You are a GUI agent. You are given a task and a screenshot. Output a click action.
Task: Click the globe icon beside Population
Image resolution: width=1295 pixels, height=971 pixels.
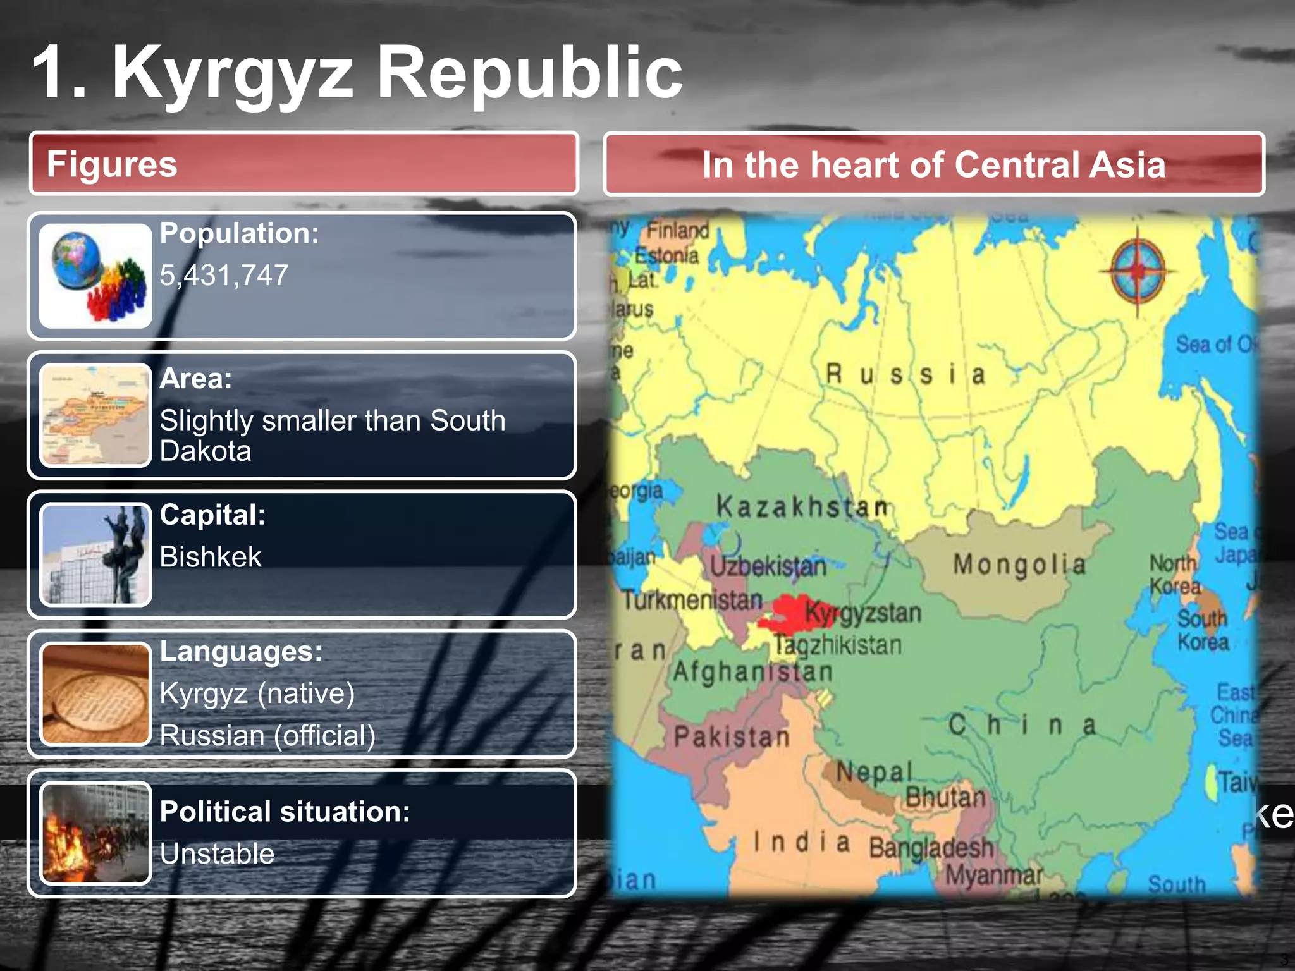[95, 276]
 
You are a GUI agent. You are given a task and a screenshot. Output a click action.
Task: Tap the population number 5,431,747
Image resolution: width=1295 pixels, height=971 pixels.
[224, 276]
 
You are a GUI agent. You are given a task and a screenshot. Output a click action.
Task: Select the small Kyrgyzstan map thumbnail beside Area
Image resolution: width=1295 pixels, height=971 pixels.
[95, 415]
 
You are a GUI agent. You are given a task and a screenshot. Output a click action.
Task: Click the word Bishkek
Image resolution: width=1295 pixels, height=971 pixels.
[210, 557]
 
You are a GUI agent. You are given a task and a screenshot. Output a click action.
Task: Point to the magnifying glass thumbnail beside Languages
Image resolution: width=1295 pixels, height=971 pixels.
[95, 693]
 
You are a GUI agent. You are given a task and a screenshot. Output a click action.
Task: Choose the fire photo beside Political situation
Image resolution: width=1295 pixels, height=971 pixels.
[95, 833]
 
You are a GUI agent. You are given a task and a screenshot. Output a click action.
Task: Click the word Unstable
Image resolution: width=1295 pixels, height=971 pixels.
[217, 854]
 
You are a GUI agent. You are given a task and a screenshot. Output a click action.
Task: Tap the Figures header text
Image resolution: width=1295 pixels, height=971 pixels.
[112, 164]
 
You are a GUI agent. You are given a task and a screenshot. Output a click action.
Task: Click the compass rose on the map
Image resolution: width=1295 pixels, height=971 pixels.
[1138, 271]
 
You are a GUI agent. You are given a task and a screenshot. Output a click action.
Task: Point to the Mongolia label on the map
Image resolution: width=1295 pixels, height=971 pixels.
[1019, 564]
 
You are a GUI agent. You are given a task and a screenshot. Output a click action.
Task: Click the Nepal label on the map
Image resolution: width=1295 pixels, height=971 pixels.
[875, 772]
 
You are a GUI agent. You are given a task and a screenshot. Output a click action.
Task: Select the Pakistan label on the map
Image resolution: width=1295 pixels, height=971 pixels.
[732, 737]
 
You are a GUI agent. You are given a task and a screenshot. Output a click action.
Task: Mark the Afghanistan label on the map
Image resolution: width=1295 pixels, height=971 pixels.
[752, 671]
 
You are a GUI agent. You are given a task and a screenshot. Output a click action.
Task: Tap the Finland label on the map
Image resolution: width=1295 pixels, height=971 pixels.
[677, 230]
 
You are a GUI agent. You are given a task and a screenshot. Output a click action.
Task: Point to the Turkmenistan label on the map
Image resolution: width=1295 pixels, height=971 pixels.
[692, 599]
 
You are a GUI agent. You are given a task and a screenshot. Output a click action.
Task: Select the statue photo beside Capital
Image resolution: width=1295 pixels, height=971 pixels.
[95, 554]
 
